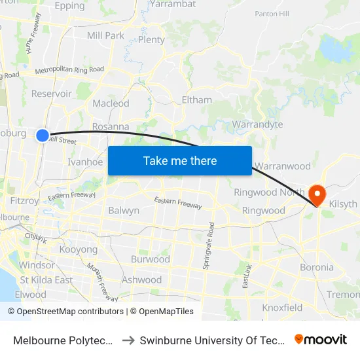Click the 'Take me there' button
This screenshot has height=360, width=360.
180,160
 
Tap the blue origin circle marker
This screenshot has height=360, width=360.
43,135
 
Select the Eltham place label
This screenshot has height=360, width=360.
196,100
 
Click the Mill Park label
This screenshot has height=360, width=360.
105,35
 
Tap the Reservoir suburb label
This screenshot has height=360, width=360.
52,94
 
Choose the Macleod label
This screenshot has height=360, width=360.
111,103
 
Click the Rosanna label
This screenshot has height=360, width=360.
110,126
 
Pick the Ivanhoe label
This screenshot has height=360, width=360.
85,162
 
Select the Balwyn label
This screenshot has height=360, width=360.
124,211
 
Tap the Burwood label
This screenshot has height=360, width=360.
150,259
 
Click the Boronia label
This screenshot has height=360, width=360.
316,267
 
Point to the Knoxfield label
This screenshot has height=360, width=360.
282,308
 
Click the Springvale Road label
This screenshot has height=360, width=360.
211,239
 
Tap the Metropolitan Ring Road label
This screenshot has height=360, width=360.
69,69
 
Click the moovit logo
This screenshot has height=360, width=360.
321,339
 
